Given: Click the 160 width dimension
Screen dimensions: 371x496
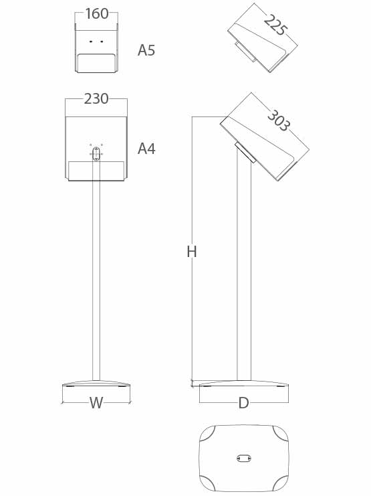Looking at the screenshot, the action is tap(97, 13).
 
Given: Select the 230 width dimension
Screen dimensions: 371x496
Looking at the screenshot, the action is tap(96, 99).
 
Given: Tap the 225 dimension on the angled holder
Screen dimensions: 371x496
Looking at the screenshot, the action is tap(275, 25).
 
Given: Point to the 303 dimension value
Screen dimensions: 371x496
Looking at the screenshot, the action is tap(278, 120).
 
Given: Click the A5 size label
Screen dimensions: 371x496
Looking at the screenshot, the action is tap(146, 50).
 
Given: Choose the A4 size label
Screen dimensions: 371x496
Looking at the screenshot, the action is tap(146, 149).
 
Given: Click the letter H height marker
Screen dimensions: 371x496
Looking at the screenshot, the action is tap(192, 252).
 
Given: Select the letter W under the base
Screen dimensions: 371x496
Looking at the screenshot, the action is tap(96, 403).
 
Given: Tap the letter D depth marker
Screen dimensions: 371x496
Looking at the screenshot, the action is tap(243, 403).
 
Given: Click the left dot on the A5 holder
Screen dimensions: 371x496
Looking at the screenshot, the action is tap(91, 42).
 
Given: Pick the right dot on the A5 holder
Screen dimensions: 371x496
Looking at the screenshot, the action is tap(102, 42).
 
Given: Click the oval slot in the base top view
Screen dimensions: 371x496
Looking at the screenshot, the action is tap(243, 458).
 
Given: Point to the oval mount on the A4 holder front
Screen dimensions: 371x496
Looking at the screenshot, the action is tap(96, 154).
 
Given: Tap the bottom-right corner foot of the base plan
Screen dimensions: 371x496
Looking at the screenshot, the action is tap(281, 483).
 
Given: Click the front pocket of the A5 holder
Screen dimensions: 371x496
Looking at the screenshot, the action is tap(96, 64).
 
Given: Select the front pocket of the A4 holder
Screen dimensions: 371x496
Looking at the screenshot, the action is tap(96, 171).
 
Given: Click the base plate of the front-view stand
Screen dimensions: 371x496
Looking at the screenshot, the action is tap(96, 384).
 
